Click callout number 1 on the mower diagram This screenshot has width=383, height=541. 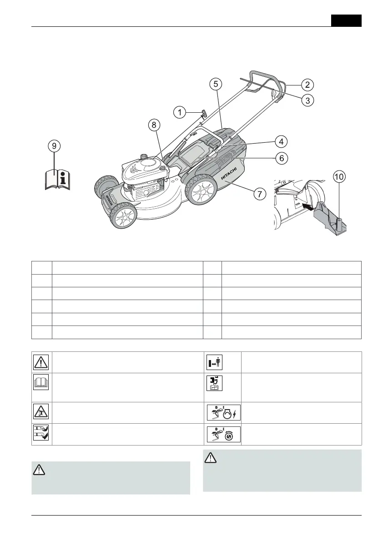(180, 111)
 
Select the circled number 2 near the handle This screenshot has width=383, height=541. (308, 85)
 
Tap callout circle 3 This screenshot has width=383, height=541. (308, 100)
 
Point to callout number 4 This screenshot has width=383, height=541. (282, 141)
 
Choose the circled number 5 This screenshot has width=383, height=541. (216, 84)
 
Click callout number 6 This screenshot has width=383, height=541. (282, 158)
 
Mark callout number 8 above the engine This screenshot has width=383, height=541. (154, 124)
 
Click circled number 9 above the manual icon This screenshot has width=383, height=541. (54, 146)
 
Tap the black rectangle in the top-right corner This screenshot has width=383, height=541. (346, 21)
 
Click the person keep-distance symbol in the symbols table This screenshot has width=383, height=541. (214, 362)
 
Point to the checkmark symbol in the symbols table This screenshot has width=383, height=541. (41, 434)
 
